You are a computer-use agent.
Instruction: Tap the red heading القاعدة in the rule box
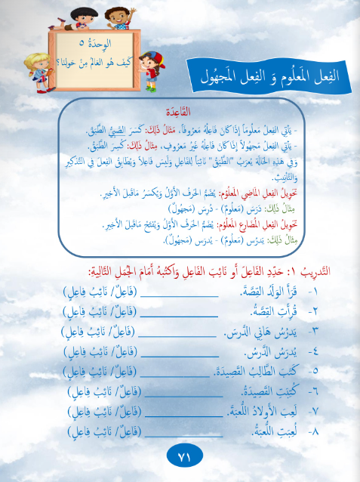tap(185, 108)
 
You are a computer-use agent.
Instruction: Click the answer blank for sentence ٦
tap(183, 391)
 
